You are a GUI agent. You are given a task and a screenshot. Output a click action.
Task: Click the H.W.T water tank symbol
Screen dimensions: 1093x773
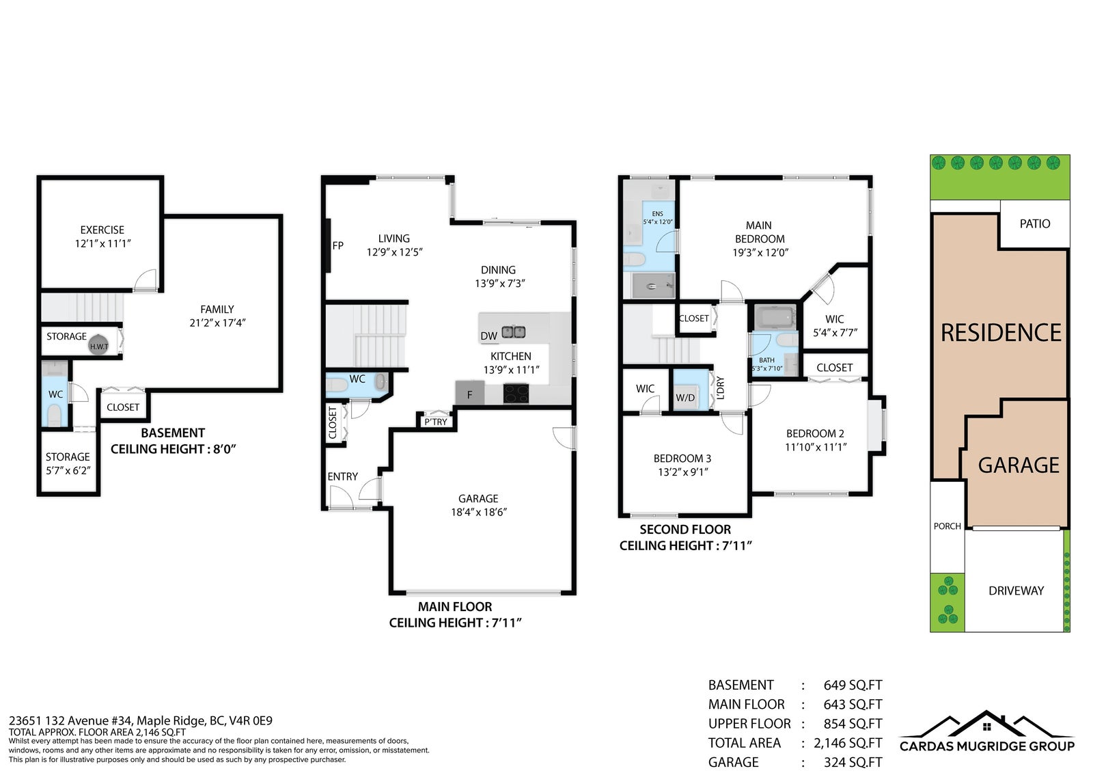(x=98, y=345)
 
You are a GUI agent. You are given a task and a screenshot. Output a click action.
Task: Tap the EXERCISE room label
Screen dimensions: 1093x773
(x=102, y=230)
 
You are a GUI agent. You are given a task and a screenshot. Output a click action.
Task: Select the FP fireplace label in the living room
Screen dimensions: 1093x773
(x=337, y=245)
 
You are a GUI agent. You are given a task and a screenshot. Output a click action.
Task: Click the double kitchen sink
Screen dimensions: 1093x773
(x=514, y=332)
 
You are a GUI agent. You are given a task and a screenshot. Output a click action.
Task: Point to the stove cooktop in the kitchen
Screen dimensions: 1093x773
(x=516, y=394)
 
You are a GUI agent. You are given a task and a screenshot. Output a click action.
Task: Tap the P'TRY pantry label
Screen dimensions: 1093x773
(x=436, y=422)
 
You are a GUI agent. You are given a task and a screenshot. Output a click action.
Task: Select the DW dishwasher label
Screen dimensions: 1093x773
(x=488, y=336)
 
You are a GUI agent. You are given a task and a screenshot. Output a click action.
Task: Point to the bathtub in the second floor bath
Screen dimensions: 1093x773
(x=775, y=317)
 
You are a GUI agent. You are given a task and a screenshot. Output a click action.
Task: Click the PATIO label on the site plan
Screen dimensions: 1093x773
(x=1035, y=223)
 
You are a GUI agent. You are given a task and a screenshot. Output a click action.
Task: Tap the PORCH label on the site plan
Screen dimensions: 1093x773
(x=947, y=526)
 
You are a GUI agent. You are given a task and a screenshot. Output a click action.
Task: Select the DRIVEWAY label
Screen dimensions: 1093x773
(x=1016, y=591)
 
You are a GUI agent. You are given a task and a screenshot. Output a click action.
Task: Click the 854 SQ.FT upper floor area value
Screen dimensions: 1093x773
(x=853, y=724)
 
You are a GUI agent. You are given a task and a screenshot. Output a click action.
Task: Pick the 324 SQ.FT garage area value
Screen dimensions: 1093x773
(x=853, y=762)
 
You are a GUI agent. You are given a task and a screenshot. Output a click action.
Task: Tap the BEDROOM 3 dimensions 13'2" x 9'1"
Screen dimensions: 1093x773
(x=682, y=472)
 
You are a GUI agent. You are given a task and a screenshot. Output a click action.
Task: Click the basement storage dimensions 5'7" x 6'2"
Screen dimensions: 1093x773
(x=68, y=470)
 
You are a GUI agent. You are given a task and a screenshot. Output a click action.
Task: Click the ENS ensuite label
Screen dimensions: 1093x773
(x=657, y=214)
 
